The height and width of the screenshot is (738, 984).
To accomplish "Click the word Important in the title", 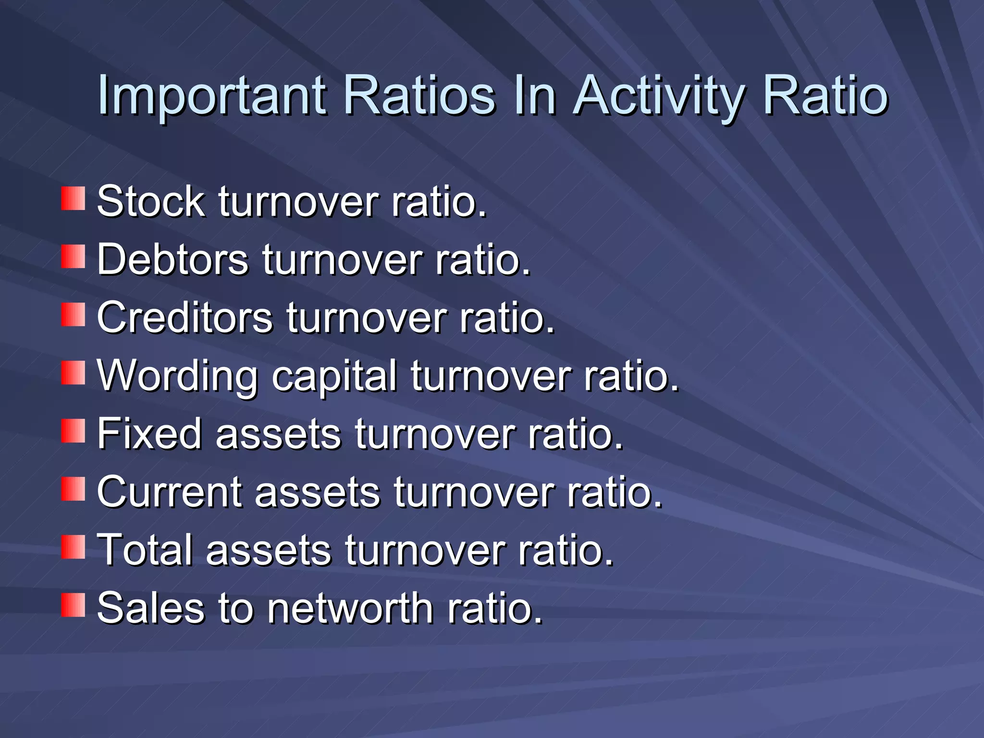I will pyautogui.click(x=211, y=96).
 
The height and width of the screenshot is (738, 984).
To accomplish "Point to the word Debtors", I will pyautogui.click(x=172, y=259).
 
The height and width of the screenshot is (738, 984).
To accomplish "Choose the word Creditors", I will pyautogui.click(x=184, y=318).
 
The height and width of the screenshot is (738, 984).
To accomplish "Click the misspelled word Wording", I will pyautogui.click(x=177, y=377).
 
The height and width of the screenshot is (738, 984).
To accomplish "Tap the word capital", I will pyautogui.click(x=334, y=377).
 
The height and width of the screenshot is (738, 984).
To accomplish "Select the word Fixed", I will pyautogui.click(x=149, y=434).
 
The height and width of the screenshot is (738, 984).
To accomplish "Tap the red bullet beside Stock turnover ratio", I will pyautogui.click(x=73, y=199).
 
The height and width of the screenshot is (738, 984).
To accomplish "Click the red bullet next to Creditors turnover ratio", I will pyautogui.click(x=73, y=315).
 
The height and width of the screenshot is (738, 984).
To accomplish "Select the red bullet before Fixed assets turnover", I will pyautogui.click(x=73, y=431).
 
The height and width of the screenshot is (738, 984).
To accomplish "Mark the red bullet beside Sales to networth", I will pyautogui.click(x=73, y=605).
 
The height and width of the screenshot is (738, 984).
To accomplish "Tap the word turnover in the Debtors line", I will pyautogui.click(x=342, y=259).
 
